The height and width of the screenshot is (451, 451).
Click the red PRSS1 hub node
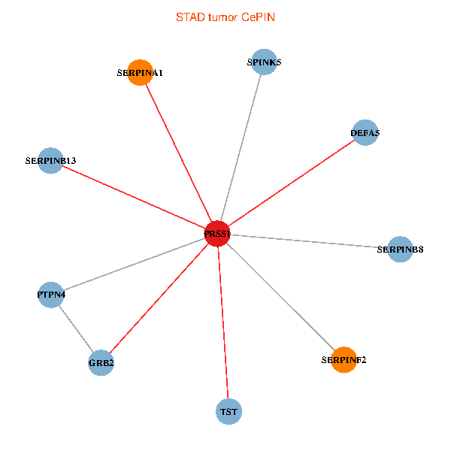coord(217,234)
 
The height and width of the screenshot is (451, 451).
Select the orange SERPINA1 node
coord(140,73)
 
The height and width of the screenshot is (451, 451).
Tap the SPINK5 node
coord(264,62)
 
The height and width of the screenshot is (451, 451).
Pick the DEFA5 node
coord(365,133)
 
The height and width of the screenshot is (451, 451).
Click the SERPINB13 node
coord(50,160)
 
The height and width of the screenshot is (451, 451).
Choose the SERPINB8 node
coord(401,249)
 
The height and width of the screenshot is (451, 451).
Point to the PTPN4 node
coord(50,295)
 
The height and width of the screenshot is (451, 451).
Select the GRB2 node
coord(101,362)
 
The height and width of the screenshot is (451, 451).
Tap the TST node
coord(229,411)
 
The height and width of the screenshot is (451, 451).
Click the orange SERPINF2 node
coord(344,359)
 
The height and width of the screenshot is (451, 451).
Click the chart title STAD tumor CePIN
coord(225,17)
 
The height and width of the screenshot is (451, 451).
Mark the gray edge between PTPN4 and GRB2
coord(75,328)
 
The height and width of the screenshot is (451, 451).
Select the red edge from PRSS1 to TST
coord(222,322)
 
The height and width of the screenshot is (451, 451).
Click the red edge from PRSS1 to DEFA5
coord(291,183)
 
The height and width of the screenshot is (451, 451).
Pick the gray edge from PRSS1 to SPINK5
coord(241,148)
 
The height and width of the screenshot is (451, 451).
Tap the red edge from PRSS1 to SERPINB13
coord(134,197)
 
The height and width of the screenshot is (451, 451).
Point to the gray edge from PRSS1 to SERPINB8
coord(309,241)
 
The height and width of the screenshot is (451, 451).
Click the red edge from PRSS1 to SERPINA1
coord(178,153)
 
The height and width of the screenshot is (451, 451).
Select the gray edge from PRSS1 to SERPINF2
coord(280,297)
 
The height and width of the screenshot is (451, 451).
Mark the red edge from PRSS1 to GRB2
coord(159,298)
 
